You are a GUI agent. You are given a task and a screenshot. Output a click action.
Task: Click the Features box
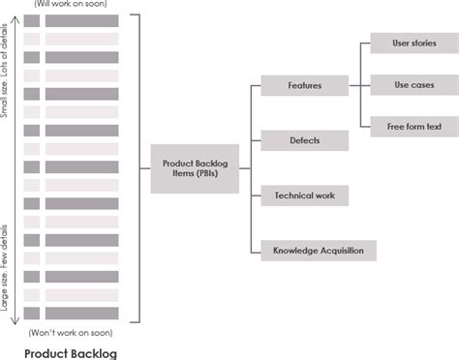click(305, 86)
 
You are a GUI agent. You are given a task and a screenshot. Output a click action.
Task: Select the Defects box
click(305, 140)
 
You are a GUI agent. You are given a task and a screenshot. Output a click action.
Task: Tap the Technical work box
click(305, 195)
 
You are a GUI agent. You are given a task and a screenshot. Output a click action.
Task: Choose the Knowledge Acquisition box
click(319, 251)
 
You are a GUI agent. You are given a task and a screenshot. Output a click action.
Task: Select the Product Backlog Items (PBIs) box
click(195, 168)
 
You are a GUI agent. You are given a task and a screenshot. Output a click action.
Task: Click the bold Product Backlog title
click(71, 353)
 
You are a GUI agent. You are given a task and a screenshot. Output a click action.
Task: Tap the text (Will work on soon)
click(71, 5)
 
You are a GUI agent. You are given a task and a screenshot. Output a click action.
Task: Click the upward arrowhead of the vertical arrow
click(14, 15)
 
